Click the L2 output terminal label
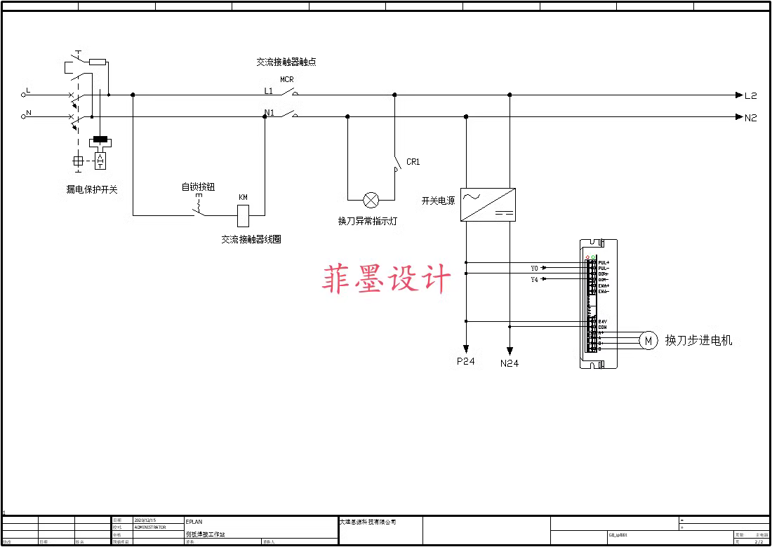(x=751, y=95)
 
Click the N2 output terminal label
(x=751, y=118)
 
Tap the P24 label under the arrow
(x=465, y=361)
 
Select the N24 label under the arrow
(x=510, y=363)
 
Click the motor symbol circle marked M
(x=648, y=341)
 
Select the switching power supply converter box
(x=488, y=204)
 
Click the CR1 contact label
(x=413, y=162)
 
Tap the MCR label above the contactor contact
(x=286, y=80)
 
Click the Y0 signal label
(x=534, y=269)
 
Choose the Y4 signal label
(x=534, y=279)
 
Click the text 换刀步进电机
(x=698, y=341)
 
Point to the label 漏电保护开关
(x=92, y=189)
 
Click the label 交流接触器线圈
(x=251, y=239)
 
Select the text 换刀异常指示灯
(x=368, y=221)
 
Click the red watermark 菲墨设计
(x=387, y=279)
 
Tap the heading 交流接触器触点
(x=286, y=62)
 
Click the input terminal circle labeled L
(x=23, y=95)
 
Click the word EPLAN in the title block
(x=194, y=522)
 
